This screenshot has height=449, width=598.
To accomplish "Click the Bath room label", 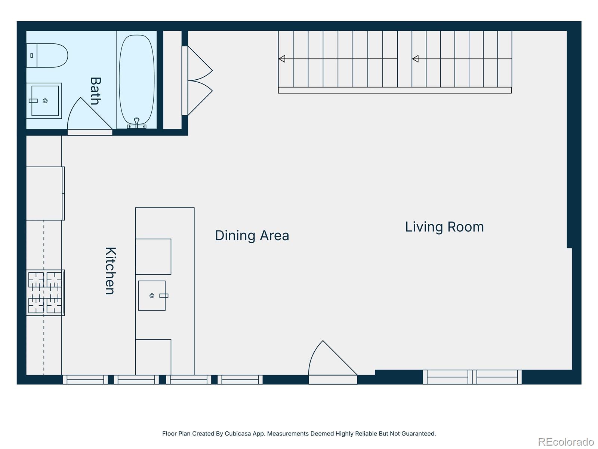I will pos(95,91).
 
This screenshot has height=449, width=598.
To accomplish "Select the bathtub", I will pos(136,79).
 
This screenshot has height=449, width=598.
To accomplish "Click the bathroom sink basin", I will pos(45,101).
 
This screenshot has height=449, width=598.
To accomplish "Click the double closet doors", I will pos(198,80).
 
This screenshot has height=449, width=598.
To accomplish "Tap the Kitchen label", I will pos(110,271).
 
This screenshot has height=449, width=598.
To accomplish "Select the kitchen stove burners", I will pos(45,292).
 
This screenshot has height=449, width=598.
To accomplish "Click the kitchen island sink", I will pos(152,296).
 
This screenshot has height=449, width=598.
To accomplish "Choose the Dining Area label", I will pos(252,236).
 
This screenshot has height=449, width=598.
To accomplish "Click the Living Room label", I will pos(444,227).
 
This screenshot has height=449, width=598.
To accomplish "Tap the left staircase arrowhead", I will pos(282,59).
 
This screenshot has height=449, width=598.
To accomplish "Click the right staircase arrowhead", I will pos(415,59).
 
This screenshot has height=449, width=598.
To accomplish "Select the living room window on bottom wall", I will pos(472,377).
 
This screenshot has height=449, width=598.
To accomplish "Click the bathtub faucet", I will pos(137,122).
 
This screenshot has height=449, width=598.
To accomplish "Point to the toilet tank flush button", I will pos(32,55).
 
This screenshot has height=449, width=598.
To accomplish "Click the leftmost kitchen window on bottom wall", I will pos(85,379).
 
